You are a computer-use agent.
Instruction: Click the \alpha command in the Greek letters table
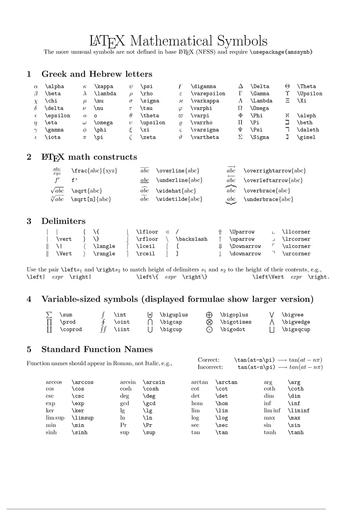54,86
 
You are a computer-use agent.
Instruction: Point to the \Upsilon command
309,94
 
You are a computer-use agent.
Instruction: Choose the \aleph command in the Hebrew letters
306,116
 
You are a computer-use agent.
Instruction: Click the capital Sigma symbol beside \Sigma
240,137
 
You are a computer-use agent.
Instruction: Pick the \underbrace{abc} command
268,200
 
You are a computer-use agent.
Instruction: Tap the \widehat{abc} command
176,191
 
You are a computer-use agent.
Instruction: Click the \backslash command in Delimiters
191,239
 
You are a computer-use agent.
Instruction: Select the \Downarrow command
245,247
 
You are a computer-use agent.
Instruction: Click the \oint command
122,322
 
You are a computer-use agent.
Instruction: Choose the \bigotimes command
236,322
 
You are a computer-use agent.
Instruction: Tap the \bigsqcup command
296,330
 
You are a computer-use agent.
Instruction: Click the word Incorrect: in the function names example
210,367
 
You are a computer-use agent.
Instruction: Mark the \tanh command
296,432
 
